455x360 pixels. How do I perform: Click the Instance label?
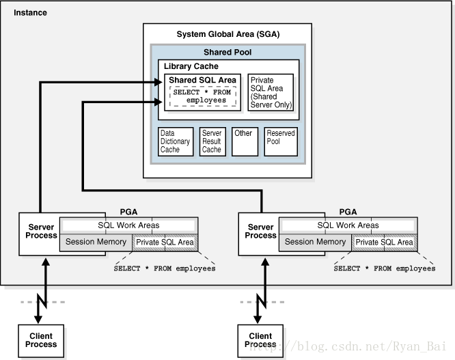pos(30,13)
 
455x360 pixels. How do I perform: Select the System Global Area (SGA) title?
pos(228,34)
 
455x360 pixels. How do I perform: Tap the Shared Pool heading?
pos(227,52)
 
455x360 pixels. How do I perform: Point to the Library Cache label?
pos(191,66)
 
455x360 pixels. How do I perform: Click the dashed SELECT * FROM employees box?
pos(203,96)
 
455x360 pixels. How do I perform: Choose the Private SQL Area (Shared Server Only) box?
pos(271,92)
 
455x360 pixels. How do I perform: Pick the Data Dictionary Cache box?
pos(176,141)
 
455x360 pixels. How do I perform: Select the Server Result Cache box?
pos(212,141)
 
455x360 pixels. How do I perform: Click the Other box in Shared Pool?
pos(245,141)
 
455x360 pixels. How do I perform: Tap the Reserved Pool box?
pos(281,141)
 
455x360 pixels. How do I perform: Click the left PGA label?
pos(128,212)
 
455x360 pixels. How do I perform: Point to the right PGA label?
pos(348,212)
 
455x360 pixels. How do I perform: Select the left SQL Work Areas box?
pos(129,225)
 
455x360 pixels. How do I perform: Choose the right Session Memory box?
pos(315,243)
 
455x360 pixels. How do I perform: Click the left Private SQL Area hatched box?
pos(165,243)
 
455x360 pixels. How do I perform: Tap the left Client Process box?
pos(41,341)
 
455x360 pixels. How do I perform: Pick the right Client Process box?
pos(260,341)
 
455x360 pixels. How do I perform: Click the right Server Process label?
pos(260,231)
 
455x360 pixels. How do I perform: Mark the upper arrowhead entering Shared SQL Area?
pos(158,83)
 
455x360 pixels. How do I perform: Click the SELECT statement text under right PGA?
pos(385,268)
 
